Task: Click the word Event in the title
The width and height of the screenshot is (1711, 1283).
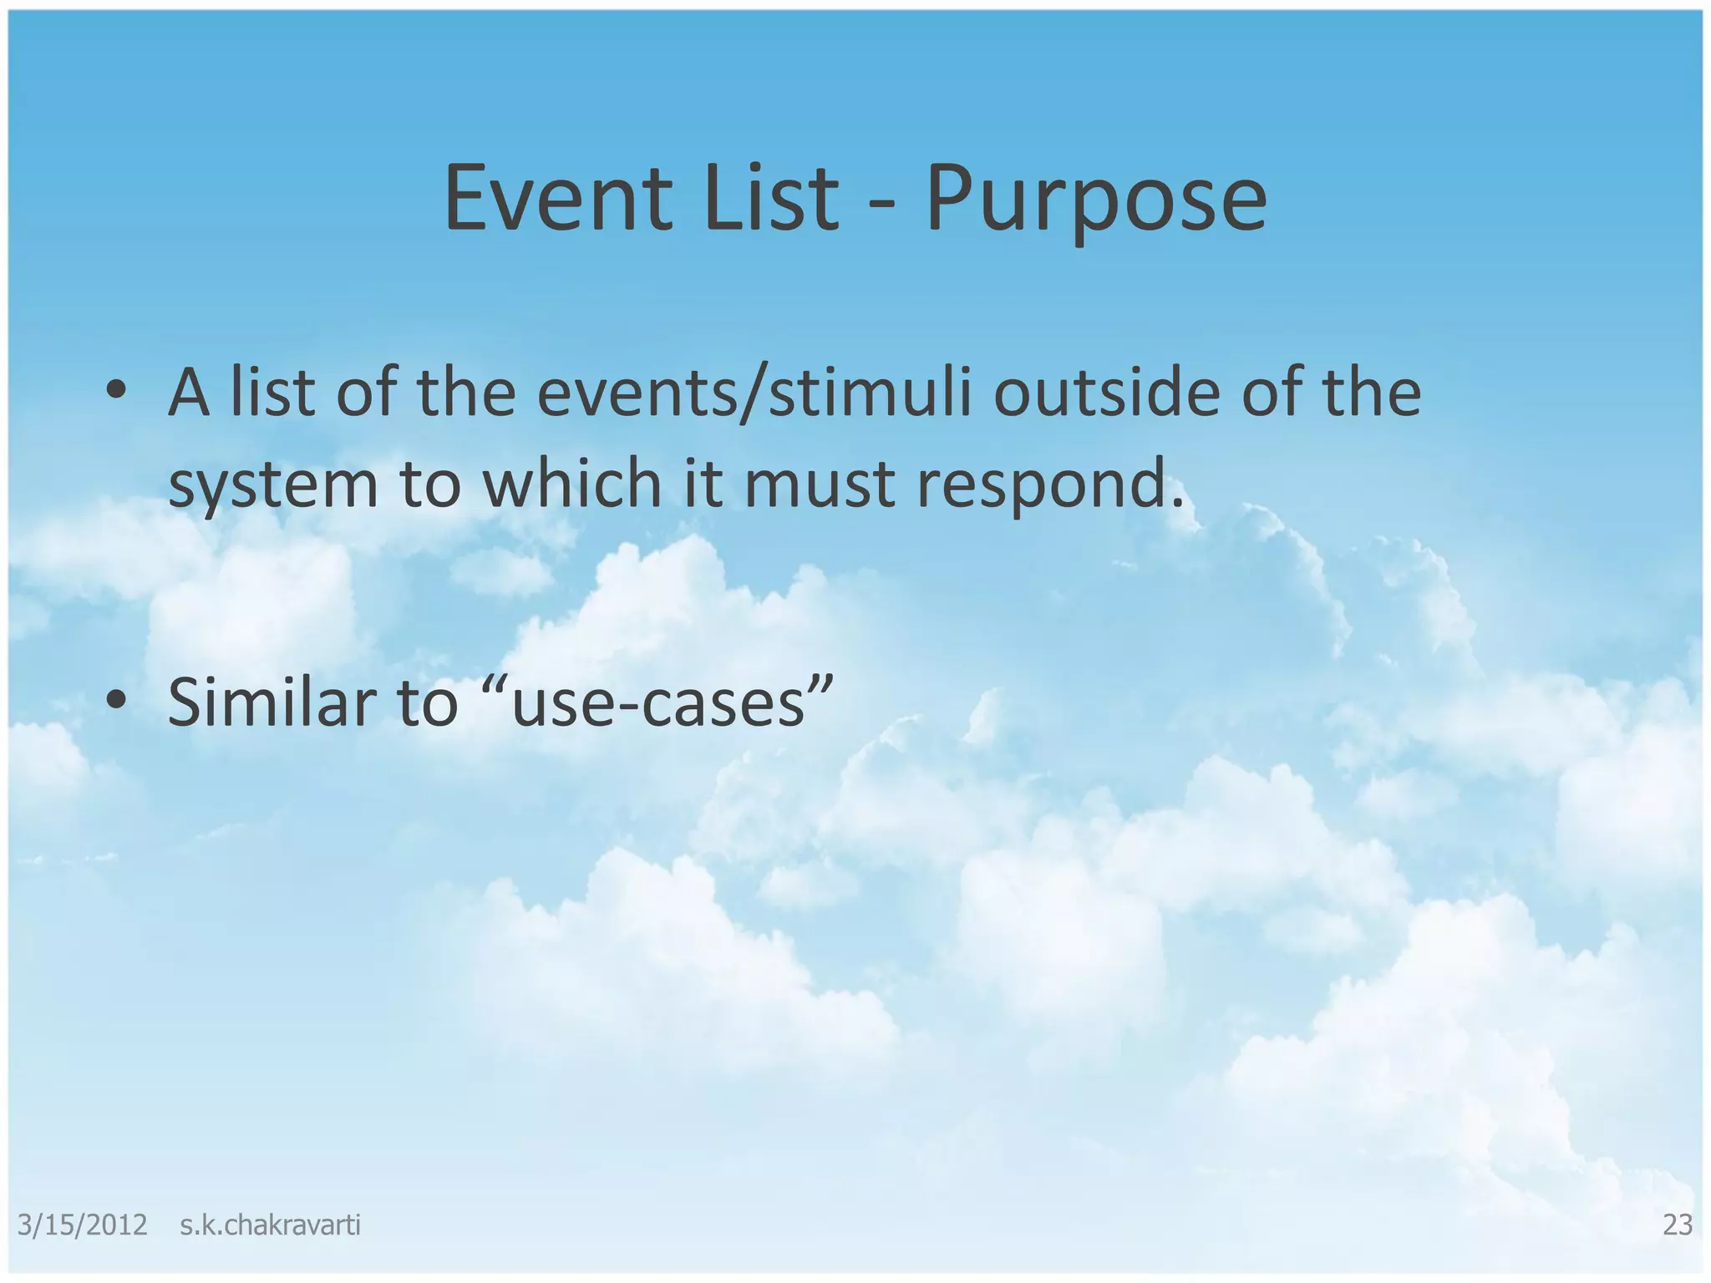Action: [558, 199]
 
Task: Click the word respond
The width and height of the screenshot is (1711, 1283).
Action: [1049, 486]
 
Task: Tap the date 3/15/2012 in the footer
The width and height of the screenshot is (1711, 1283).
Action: [82, 1225]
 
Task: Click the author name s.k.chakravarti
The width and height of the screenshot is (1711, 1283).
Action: [270, 1225]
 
